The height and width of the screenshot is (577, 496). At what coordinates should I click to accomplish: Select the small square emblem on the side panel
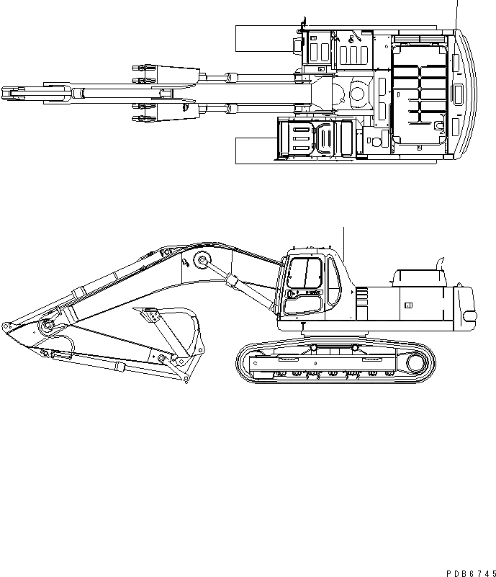[x=408, y=305]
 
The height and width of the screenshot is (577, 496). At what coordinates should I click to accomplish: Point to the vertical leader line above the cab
[x=344, y=241]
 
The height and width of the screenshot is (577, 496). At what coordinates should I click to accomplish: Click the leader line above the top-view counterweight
[x=456, y=13]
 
